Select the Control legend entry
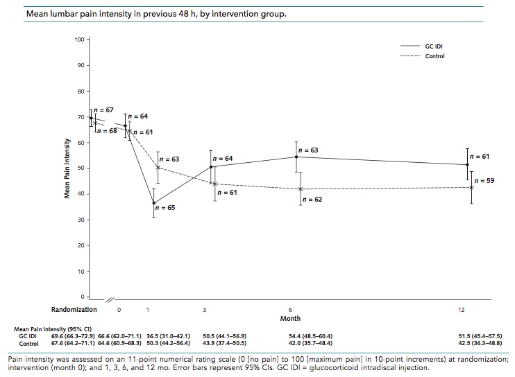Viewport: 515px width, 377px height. tap(434, 55)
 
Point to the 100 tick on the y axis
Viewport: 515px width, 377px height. tap(79, 40)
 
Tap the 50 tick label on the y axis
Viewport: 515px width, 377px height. tap(79, 168)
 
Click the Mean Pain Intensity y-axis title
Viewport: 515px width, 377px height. tap(67, 168)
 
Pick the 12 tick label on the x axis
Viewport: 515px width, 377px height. tap(462, 308)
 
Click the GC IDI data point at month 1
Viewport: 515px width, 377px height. tap(154, 203)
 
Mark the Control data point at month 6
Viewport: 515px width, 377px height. tap(301, 188)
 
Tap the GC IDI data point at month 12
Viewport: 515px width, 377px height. tap(467, 164)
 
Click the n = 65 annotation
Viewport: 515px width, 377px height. tap(165, 207)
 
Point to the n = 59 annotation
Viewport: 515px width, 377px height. tap(484, 180)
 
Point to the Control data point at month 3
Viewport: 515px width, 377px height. tap(214, 184)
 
